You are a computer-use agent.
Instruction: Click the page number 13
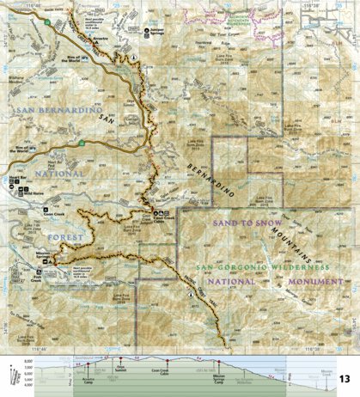[x=345, y=378]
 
